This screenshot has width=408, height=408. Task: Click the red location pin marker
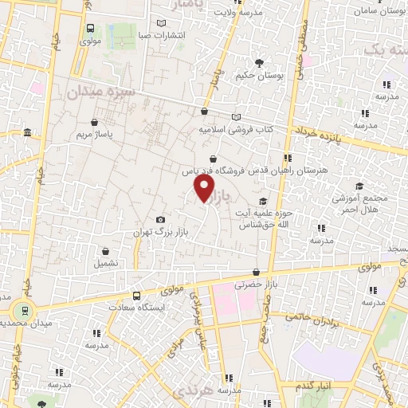click(205, 188)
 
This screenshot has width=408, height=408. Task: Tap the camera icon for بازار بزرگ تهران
click(161, 219)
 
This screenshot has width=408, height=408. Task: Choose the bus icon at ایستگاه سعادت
click(135, 295)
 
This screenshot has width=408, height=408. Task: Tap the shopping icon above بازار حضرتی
click(255, 271)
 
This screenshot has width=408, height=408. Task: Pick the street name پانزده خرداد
click(317, 132)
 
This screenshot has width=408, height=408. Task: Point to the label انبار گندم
click(313, 386)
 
